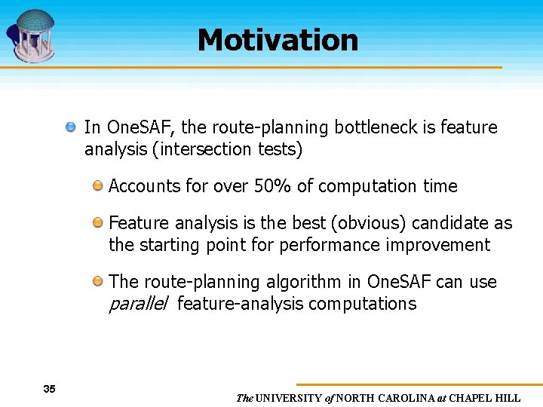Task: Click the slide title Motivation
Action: (x=278, y=40)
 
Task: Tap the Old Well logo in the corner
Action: (x=32, y=35)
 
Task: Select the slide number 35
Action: (x=50, y=389)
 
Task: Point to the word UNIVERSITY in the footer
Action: (x=289, y=398)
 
